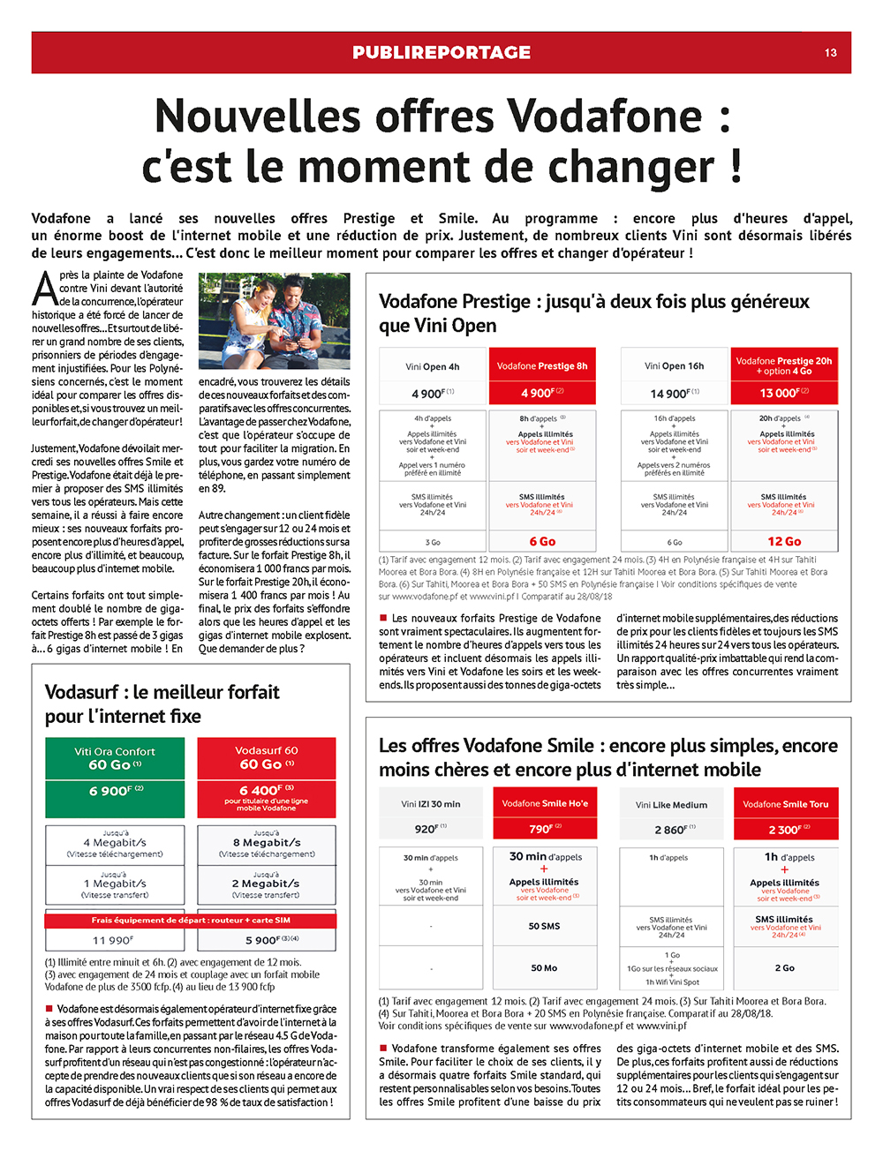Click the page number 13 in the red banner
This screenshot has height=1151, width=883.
(x=830, y=53)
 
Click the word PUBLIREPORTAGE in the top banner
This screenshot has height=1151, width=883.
(x=441, y=53)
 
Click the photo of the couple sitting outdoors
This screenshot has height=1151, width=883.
(x=274, y=320)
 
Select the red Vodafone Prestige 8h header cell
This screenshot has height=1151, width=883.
(x=542, y=365)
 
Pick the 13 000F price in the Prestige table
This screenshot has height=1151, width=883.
(x=784, y=393)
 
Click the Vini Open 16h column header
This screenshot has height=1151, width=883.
(x=674, y=365)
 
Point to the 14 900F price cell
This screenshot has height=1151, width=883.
(x=674, y=394)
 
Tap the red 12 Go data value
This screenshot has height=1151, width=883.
(x=784, y=541)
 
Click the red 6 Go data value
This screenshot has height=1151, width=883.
(x=542, y=541)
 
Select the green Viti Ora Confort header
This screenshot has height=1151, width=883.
(x=115, y=758)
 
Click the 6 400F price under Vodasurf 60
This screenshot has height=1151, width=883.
(x=266, y=790)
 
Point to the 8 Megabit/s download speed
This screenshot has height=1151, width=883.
(x=266, y=842)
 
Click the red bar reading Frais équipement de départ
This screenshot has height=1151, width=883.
(x=191, y=920)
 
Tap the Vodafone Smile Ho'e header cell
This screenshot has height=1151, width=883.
(x=545, y=803)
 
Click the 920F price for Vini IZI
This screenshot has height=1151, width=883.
(x=430, y=829)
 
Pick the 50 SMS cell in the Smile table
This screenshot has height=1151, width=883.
(x=544, y=926)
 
